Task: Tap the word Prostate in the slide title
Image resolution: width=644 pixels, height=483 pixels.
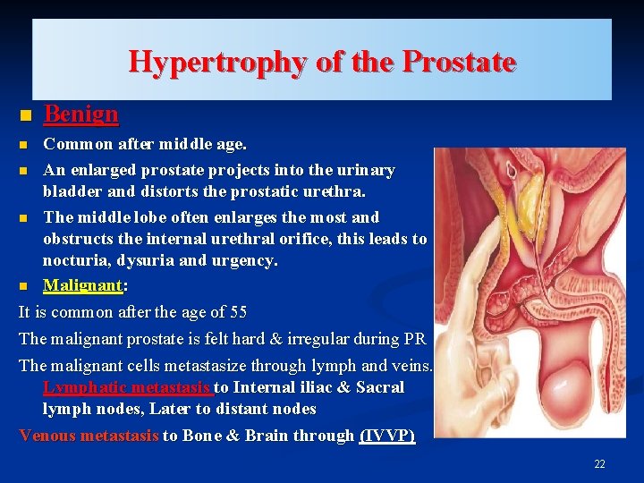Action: click(x=459, y=62)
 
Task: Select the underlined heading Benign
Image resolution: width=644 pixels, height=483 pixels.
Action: click(x=80, y=114)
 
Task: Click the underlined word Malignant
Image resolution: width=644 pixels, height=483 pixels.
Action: click(x=82, y=285)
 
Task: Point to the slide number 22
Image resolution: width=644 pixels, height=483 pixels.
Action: click(x=599, y=463)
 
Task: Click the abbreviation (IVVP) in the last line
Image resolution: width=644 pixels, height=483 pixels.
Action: click(x=386, y=436)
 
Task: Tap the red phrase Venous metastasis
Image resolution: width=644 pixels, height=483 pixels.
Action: click(x=89, y=436)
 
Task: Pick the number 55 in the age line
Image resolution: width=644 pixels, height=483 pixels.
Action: click(x=238, y=312)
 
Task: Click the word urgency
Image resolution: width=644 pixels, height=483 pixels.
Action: click(x=248, y=260)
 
